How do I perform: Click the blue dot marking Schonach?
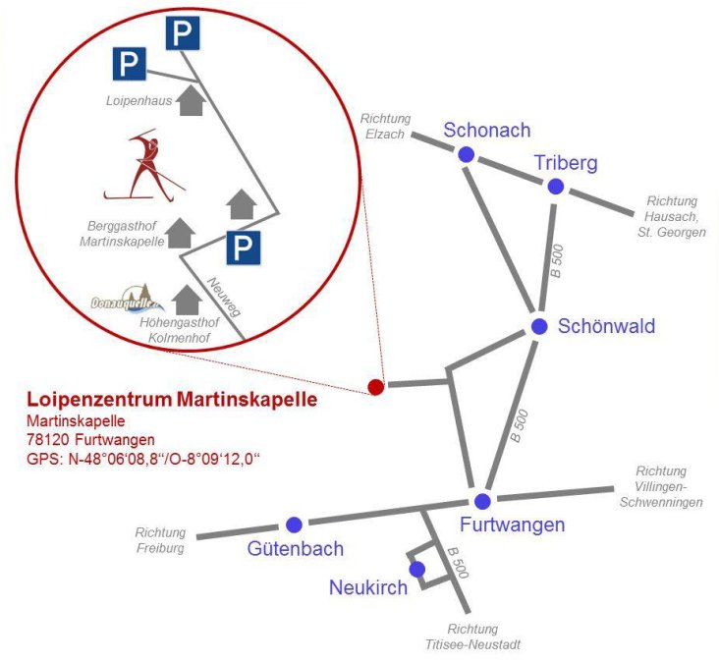coord(466,154)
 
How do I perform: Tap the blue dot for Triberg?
coord(556,187)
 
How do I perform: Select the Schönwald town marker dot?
coord(538,326)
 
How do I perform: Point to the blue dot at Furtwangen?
coord(482,501)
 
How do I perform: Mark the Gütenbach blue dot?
coord(293,524)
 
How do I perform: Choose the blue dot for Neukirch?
coord(416,569)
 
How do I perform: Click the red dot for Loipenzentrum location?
coord(375,387)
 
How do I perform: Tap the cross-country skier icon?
coord(145,165)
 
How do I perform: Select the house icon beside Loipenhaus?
coord(194,99)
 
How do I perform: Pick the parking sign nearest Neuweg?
coord(243,248)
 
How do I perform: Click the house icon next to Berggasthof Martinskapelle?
coord(180,233)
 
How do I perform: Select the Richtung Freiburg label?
coord(160,540)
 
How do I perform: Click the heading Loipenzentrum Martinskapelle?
coord(172,400)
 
